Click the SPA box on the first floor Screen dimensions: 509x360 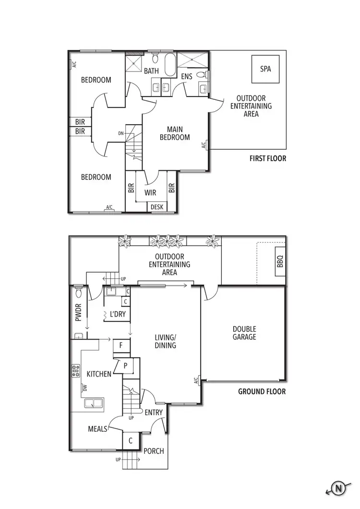[265, 69]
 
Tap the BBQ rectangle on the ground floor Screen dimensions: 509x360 [280, 261]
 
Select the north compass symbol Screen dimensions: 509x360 [339, 489]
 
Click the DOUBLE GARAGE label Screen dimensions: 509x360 [244, 333]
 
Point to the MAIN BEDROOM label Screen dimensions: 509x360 [178, 133]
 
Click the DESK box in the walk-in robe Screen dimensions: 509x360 [157, 207]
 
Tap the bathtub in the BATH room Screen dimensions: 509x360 [171, 65]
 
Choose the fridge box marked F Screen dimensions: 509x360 [121, 345]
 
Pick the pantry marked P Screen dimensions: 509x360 [126, 366]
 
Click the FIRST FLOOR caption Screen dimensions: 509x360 [267, 158]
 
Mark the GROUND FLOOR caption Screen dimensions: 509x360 [262, 391]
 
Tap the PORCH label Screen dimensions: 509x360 [154, 451]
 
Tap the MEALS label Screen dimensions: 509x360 [98, 429]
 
